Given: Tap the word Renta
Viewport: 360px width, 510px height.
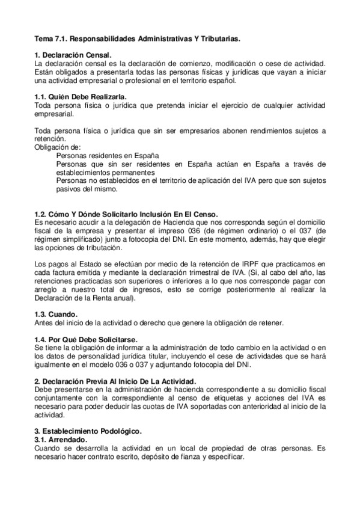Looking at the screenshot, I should (x=97, y=299).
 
